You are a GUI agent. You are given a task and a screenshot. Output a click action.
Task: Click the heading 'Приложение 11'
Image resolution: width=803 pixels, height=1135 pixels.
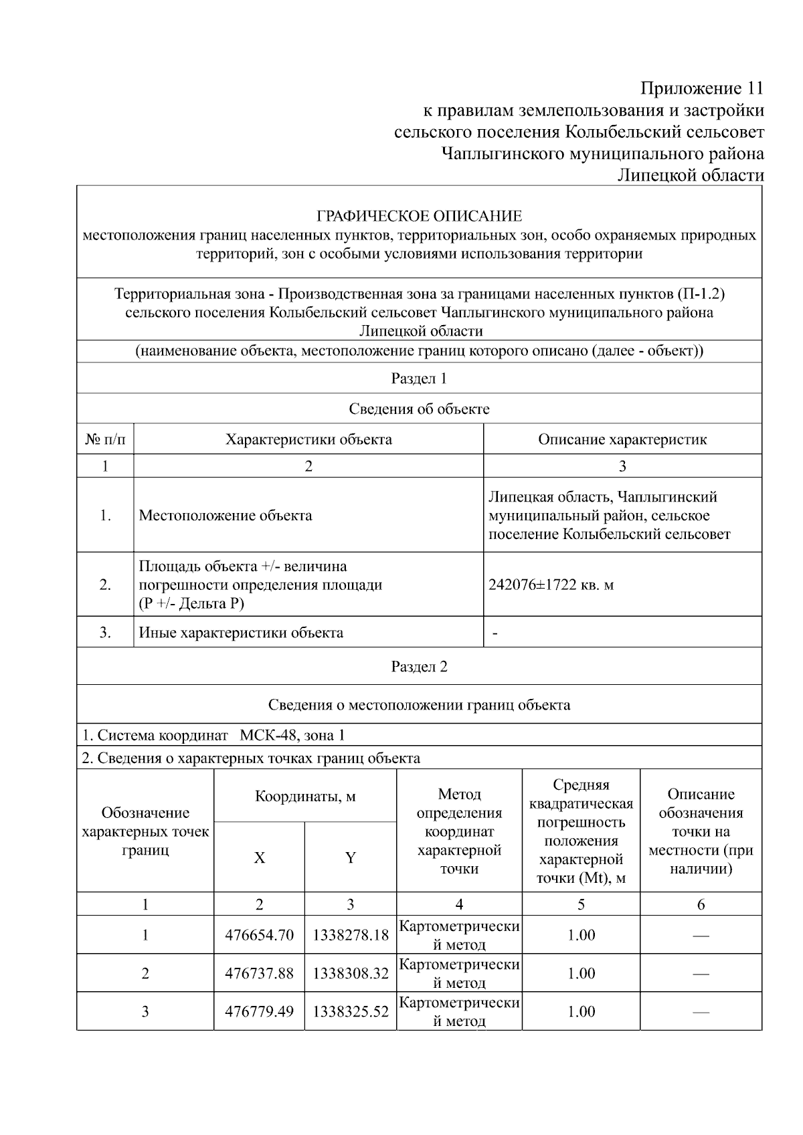pyautogui.click(x=701, y=88)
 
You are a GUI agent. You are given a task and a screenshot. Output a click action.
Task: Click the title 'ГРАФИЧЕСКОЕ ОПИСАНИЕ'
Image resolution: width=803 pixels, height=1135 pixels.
pyautogui.click(x=419, y=216)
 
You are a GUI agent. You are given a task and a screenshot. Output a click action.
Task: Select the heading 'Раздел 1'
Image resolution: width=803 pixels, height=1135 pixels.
pyautogui.click(x=419, y=379)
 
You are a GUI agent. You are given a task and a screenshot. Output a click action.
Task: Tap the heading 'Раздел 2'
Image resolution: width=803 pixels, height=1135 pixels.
pyautogui.click(x=419, y=666)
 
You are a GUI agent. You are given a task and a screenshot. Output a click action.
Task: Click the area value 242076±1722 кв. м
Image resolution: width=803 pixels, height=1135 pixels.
pyautogui.click(x=551, y=585)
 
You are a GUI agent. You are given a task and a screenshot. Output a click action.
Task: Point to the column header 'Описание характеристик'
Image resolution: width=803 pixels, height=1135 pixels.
pyautogui.click(x=622, y=439)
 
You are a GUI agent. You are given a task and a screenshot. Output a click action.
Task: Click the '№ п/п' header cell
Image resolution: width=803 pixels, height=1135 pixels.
pyautogui.click(x=105, y=439)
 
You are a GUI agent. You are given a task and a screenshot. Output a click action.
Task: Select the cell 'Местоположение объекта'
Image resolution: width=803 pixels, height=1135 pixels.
pyautogui.click(x=225, y=515)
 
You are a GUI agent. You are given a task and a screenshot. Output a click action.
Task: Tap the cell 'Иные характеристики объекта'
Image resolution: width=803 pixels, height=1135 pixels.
pyautogui.click(x=241, y=632)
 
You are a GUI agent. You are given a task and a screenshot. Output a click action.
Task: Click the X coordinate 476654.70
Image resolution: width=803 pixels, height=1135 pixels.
pyautogui.click(x=259, y=935)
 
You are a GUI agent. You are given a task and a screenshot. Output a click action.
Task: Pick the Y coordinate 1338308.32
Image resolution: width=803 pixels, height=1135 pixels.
pyautogui.click(x=350, y=973)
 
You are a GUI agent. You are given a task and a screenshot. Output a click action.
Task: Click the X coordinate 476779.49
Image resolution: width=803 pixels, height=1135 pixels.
pyautogui.click(x=259, y=1011)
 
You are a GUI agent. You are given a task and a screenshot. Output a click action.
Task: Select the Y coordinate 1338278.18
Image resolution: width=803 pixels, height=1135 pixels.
pyautogui.click(x=350, y=935)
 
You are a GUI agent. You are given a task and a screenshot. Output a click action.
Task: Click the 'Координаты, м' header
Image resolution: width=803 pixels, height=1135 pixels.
pyautogui.click(x=305, y=796)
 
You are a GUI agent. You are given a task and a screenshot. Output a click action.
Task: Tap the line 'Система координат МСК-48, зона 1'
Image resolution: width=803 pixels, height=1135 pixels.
pyautogui.click(x=213, y=735)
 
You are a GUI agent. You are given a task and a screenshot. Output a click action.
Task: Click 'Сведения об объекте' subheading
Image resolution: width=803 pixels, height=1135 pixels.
pyautogui.click(x=419, y=409)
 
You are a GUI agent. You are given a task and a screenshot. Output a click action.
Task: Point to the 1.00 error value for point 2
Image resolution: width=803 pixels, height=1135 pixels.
pyautogui.click(x=581, y=973)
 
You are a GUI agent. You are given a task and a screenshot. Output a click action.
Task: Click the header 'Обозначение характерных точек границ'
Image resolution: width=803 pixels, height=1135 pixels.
pyautogui.click(x=145, y=831)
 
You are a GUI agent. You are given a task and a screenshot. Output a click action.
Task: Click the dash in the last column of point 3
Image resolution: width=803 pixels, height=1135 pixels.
pyautogui.click(x=701, y=1012)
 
